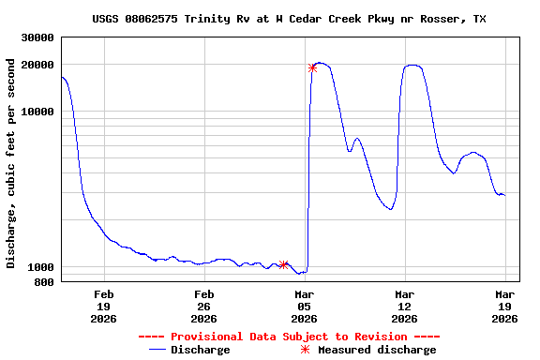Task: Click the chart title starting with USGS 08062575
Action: point(289,19)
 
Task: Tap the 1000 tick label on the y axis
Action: point(41,267)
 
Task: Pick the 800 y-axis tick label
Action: point(45,282)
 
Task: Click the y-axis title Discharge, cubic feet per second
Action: point(11,163)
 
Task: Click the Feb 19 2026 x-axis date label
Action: point(103,307)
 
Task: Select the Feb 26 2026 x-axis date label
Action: point(203,307)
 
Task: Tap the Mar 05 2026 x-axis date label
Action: point(304,307)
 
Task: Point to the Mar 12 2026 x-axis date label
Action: point(404,307)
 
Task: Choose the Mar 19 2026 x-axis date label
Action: point(504,307)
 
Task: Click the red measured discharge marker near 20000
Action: point(312,67)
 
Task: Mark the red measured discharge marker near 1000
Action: point(283,264)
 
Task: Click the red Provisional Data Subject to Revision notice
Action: point(289,337)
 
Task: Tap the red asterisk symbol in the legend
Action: point(304,350)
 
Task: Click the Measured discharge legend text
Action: point(377,350)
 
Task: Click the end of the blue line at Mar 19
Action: point(504,195)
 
